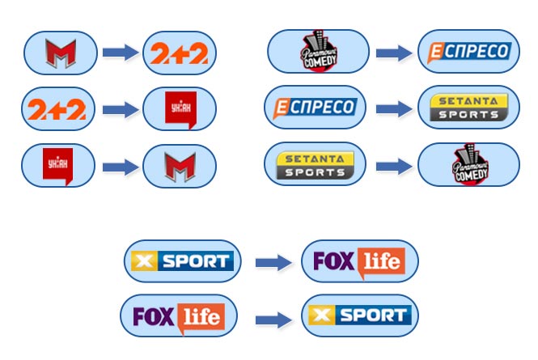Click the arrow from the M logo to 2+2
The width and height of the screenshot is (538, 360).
[x=120, y=53]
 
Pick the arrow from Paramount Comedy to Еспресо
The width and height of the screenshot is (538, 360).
[x=394, y=53]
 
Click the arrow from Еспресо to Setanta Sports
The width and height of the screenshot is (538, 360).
[x=394, y=107]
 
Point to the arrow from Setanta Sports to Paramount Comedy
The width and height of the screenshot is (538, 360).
[x=394, y=167]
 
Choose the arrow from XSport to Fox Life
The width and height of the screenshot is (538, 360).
[x=272, y=262]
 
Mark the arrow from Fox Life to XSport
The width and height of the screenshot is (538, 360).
[x=272, y=317]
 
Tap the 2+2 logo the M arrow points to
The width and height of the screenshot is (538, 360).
[x=180, y=53]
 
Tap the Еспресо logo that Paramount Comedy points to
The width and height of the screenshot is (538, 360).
[x=469, y=53]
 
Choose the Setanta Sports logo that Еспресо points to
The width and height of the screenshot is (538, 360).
[x=469, y=107]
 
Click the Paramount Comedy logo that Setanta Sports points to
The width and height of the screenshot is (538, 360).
[x=469, y=166]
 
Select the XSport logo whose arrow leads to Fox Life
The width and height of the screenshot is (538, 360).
[x=183, y=261]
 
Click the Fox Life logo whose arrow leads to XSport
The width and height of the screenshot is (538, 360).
[x=179, y=316]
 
